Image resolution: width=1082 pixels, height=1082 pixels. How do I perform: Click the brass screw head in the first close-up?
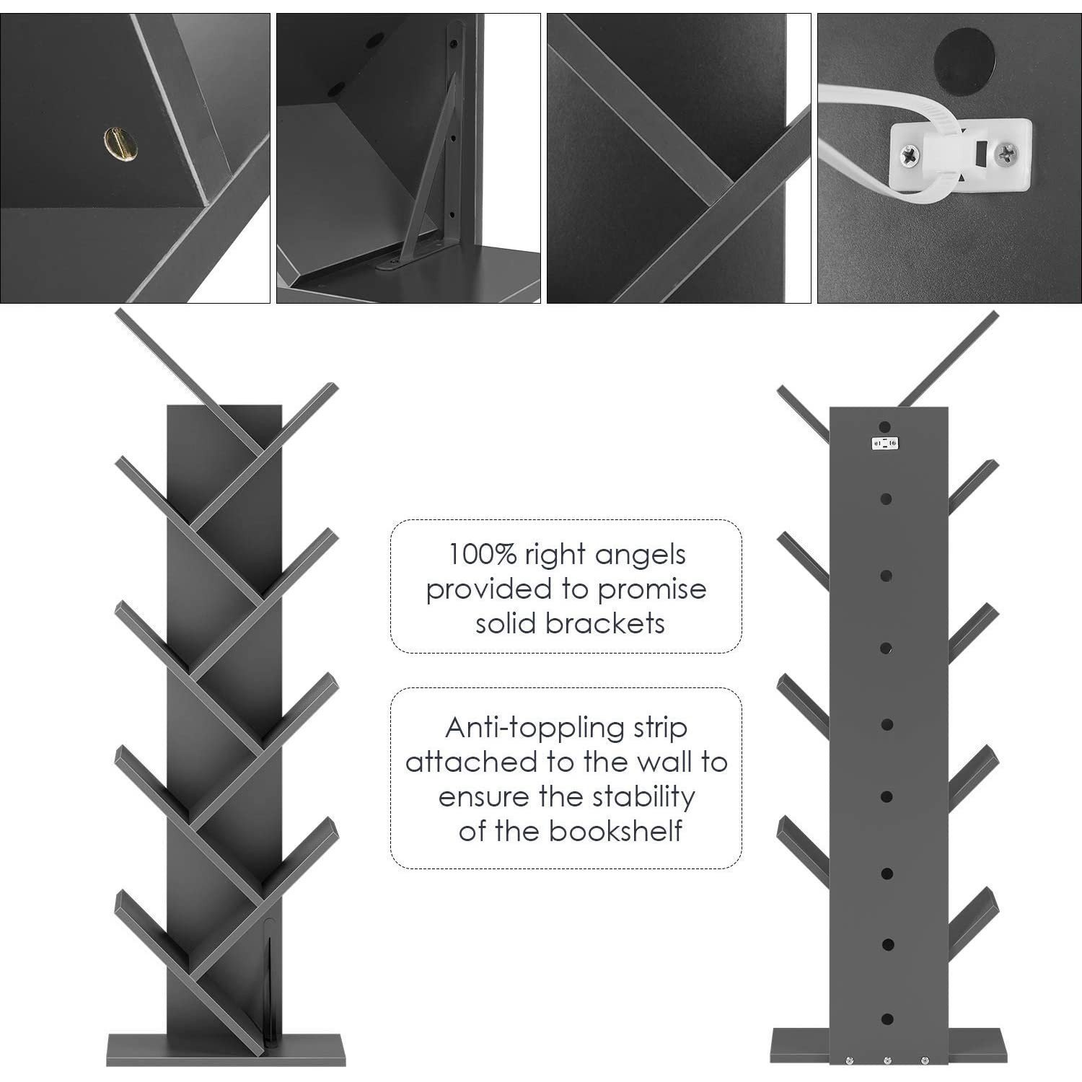tap(120, 144)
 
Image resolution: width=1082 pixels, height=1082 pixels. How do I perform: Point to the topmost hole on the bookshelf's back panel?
tap(887, 426)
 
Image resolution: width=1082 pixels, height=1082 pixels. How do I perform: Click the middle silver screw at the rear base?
tap(887, 1060)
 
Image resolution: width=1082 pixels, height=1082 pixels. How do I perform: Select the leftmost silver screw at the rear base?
tap(850, 1060)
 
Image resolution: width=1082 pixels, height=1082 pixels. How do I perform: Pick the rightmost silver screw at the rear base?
tap(925, 1060)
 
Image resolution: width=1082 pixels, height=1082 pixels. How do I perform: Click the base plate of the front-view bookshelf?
tap(226, 1050)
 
